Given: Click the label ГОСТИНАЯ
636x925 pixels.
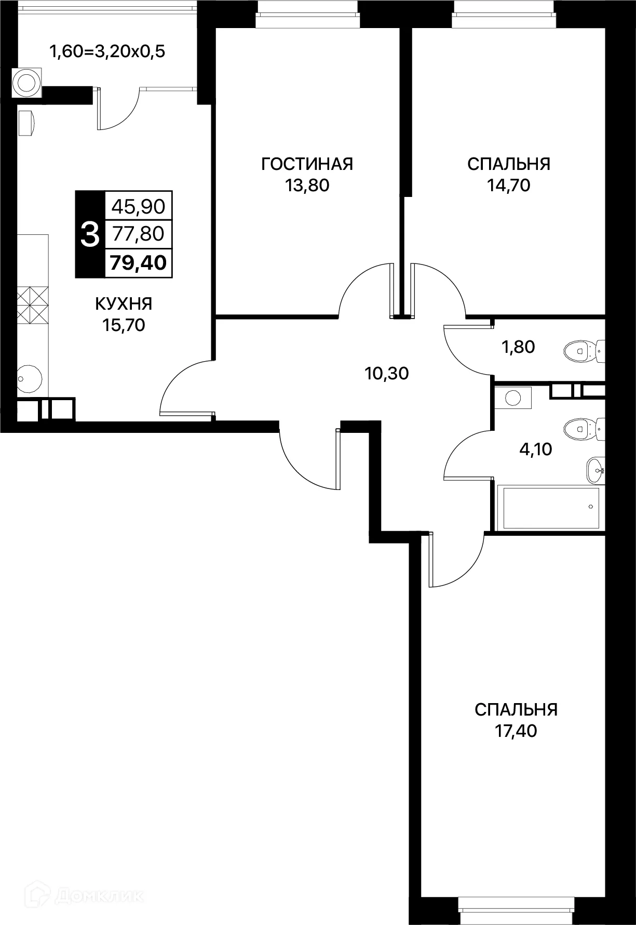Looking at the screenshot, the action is (x=307, y=164).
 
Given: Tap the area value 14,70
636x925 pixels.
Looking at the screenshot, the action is (x=508, y=185).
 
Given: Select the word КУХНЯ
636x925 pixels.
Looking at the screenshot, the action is (x=124, y=304).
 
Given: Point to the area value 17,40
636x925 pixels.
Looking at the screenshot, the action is (x=516, y=732).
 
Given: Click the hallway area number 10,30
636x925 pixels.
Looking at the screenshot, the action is (x=387, y=373).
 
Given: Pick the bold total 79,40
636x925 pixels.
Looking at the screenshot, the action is (x=138, y=263).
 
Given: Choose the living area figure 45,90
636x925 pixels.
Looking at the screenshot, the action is (x=139, y=207).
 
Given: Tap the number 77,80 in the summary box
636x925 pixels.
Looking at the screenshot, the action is (x=139, y=234).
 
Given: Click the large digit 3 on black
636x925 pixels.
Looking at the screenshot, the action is (x=90, y=234).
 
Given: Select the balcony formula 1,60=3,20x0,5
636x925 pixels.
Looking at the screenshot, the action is (x=107, y=52).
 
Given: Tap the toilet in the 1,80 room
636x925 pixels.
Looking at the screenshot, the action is (x=584, y=351).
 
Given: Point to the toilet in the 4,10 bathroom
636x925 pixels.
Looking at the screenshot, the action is (x=584, y=429).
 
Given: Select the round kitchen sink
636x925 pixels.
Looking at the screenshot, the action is (x=30, y=378).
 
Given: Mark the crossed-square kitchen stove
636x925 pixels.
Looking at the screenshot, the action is (x=33, y=306).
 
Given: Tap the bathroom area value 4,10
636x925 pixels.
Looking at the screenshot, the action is (x=536, y=449).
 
